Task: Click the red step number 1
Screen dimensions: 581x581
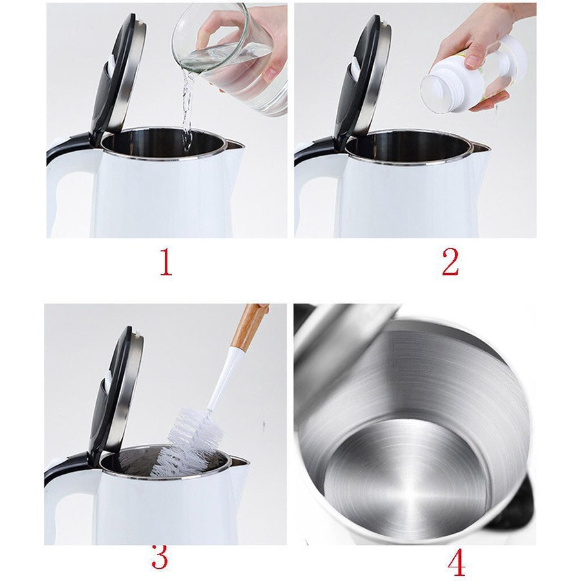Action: [x=166, y=262]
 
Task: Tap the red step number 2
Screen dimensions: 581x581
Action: [x=451, y=262]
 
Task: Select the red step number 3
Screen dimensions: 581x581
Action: [x=160, y=557]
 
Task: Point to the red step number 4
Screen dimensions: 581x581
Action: [x=456, y=562]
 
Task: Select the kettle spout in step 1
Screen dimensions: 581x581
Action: [x=234, y=145]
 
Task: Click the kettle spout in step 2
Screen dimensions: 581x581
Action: [x=481, y=147]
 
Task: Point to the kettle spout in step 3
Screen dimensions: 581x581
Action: [x=240, y=462]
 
